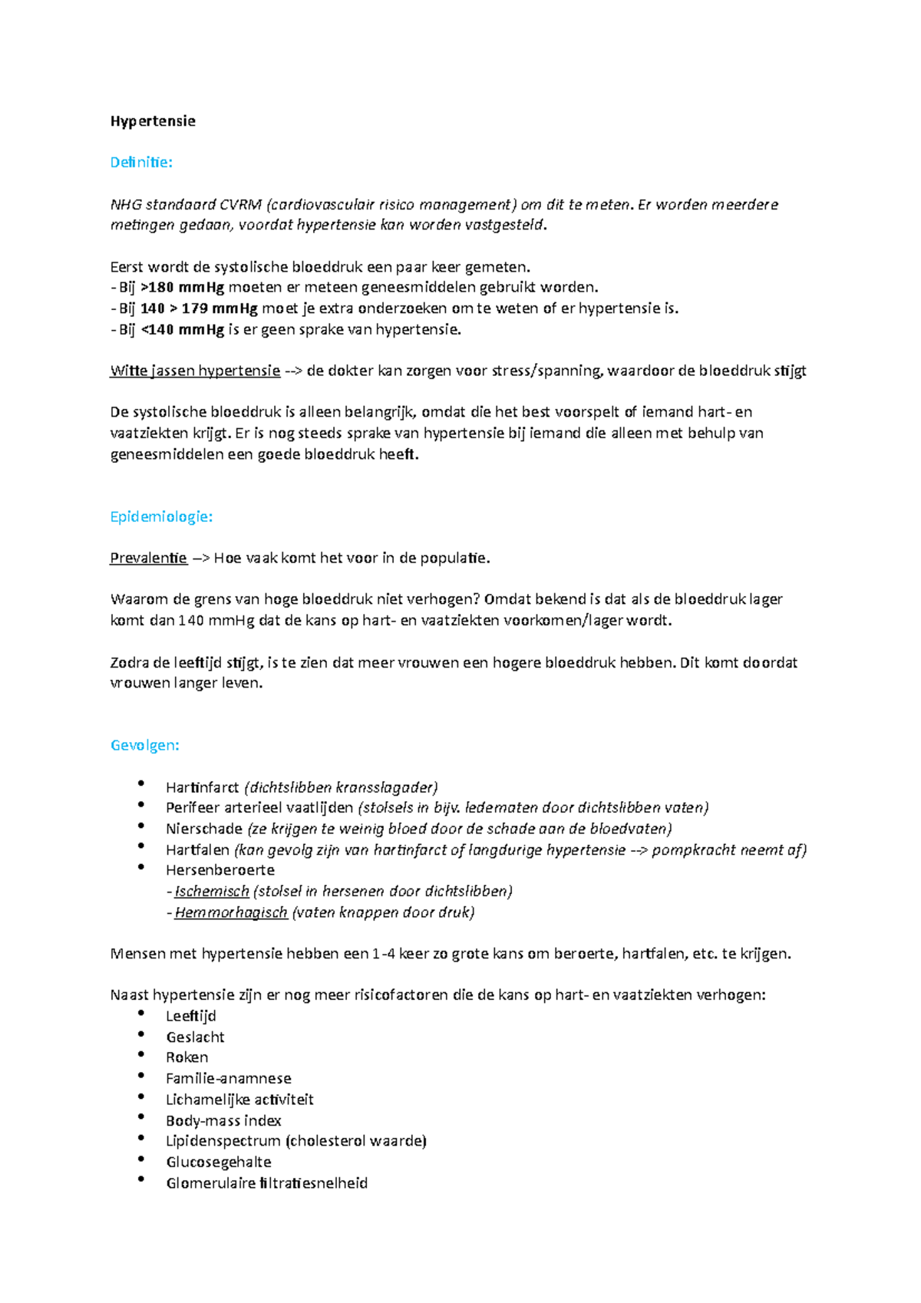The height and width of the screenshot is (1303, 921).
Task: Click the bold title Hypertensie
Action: pyautogui.click(x=153, y=121)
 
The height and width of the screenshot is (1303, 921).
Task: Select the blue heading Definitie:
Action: pyautogui.click(x=141, y=163)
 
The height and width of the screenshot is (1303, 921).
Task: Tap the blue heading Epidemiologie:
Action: pyautogui.click(x=161, y=517)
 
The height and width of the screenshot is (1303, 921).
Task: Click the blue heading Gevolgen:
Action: pyautogui.click(x=145, y=746)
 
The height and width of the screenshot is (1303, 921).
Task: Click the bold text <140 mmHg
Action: pyautogui.click(x=183, y=330)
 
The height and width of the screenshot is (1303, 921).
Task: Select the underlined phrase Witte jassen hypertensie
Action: pyautogui.click(x=195, y=371)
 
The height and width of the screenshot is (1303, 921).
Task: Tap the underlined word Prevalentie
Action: pyautogui.click(x=148, y=559)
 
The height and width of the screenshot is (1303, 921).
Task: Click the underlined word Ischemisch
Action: pyautogui.click(x=212, y=892)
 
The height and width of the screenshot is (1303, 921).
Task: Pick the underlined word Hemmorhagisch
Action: pyautogui.click(x=231, y=912)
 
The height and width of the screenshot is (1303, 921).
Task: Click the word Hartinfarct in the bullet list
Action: pyautogui.click(x=203, y=787)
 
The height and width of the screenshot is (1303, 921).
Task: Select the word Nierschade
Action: pyautogui.click(x=204, y=829)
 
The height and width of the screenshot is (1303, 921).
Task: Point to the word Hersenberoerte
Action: pyautogui.click(x=220, y=870)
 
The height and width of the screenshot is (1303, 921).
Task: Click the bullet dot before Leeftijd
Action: pyautogui.click(x=141, y=1013)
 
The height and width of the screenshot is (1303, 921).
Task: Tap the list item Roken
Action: pyautogui.click(x=187, y=1057)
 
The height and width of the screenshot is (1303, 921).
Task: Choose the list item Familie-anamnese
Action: pyautogui.click(x=229, y=1079)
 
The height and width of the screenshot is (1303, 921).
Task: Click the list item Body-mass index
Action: pyautogui.click(x=223, y=1121)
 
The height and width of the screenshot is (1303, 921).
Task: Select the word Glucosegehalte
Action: pyautogui.click(x=219, y=1163)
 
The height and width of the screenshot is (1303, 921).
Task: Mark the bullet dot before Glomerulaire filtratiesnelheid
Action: pyautogui.click(x=141, y=1179)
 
